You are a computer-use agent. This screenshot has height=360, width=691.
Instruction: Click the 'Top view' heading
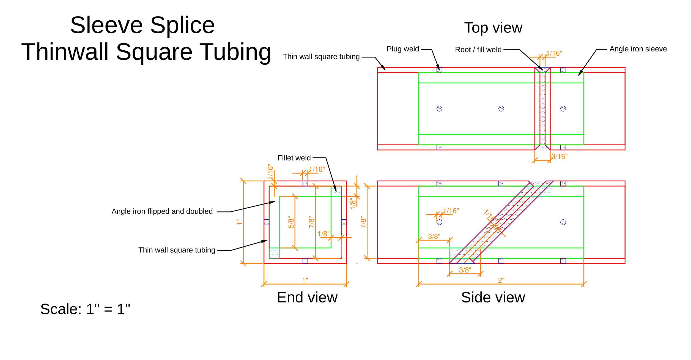point(493,28)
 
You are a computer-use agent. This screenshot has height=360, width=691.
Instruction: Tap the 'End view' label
point(307,298)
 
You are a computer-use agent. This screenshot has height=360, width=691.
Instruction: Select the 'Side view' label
point(493,298)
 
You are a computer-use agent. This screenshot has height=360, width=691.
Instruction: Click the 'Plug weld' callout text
point(403,49)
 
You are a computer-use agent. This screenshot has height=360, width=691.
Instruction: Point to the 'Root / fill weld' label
point(478,50)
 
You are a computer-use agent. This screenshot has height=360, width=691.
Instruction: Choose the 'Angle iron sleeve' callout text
point(638,49)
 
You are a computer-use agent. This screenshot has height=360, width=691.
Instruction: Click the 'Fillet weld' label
point(294,158)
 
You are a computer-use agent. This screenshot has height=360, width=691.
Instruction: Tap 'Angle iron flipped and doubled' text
point(162,211)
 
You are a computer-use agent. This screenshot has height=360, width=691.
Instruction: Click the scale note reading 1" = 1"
point(85,309)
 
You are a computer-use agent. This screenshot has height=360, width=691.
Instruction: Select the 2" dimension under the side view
point(501,280)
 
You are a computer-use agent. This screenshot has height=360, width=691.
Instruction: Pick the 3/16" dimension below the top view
point(560,157)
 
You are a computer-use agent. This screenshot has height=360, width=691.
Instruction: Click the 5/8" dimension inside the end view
point(291,222)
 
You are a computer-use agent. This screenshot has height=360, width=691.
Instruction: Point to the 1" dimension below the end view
point(305,280)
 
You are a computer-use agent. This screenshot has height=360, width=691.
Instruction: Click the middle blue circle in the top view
point(501,109)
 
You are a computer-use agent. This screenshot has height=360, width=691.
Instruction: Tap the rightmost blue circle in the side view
point(563,222)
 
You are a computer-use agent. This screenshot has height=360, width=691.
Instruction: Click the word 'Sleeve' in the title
point(106,25)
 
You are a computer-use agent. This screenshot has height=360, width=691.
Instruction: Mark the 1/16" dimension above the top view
point(554,53)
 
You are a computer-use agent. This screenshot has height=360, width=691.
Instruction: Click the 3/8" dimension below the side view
point(465,270)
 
